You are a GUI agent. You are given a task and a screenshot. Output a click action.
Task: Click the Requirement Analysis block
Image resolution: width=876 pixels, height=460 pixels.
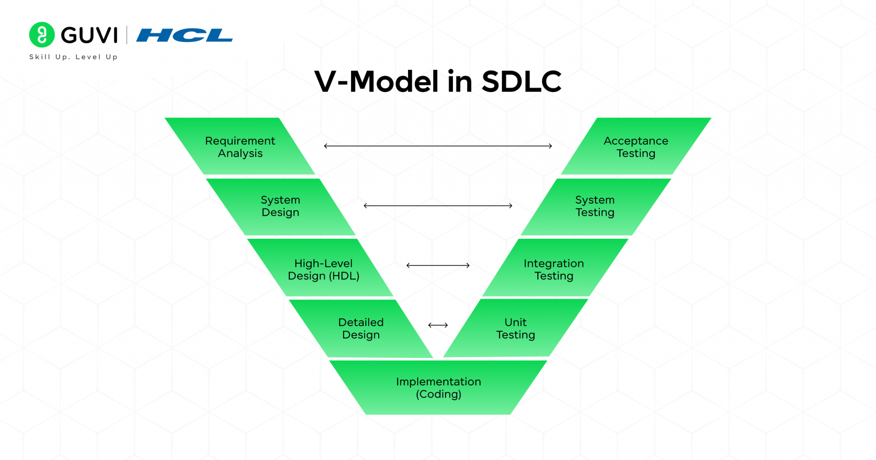(240, 147)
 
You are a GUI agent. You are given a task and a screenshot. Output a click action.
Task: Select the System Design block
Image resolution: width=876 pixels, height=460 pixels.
(281, 206)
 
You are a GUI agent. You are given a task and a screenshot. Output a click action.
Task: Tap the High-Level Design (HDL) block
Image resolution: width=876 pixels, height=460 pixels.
(323, 270)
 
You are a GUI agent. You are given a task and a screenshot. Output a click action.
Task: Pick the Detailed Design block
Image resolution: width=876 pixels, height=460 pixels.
(361, 329)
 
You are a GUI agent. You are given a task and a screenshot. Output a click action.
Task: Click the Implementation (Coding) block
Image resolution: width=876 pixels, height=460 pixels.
(438, 388)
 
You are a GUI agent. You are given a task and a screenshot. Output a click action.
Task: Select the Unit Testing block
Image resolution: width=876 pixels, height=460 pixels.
(515, 329)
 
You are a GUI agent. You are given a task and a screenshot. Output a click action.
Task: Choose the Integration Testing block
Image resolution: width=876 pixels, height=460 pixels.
(553, 270)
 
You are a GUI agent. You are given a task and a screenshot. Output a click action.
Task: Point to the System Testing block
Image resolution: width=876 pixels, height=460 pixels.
(595, 206)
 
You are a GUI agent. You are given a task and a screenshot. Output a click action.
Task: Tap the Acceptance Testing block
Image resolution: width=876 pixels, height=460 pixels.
(636, 147)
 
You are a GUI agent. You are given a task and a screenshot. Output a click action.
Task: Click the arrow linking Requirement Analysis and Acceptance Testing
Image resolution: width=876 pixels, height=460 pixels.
(438, 146)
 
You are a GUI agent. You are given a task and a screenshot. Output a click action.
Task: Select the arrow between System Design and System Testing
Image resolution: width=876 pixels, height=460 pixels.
(438, 206)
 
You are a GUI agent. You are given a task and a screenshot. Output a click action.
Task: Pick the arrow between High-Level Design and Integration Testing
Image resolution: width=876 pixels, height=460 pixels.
(438, 265)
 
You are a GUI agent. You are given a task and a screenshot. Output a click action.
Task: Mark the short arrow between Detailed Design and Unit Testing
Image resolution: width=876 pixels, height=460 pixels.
(438, 325)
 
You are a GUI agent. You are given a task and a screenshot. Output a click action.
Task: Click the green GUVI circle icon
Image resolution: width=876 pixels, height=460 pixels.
(42, 35)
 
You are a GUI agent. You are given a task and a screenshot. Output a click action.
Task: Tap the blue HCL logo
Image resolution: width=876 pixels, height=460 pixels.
(184, 35)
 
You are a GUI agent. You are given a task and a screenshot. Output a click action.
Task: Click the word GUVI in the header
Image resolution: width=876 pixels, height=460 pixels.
(89, 35)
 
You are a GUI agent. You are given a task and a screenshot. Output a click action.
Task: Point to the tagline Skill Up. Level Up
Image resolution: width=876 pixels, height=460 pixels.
(73, 57)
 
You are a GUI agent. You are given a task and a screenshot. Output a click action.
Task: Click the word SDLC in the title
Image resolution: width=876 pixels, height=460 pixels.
(521, 81)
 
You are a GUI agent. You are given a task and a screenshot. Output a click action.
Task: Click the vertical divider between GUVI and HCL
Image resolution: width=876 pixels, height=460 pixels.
(127, 35)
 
